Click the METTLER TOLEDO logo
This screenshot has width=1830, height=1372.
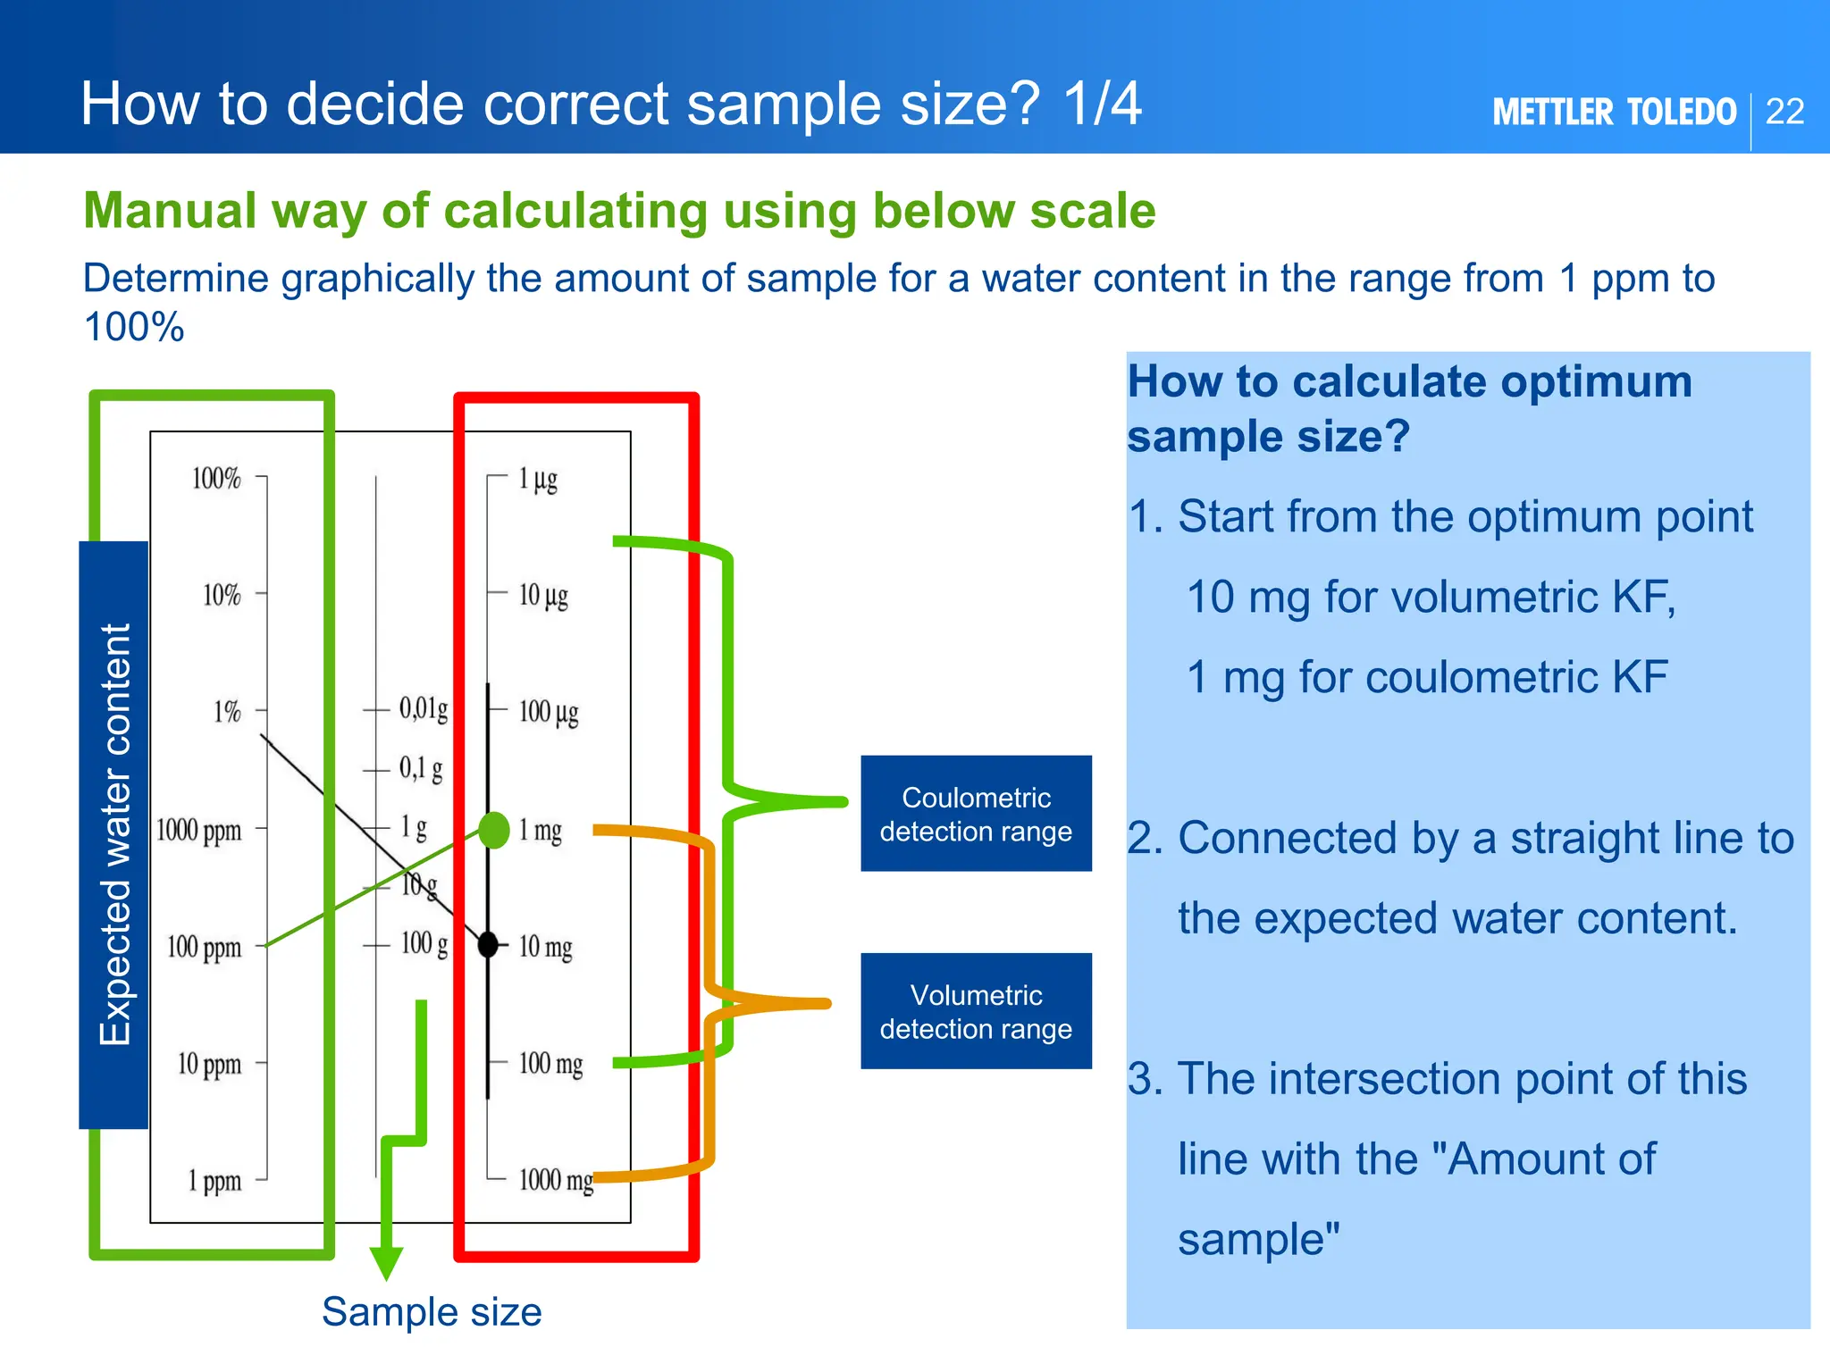point(1614,113)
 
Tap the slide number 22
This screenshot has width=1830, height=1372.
point(1785,112)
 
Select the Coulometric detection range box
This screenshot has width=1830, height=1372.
point(976,814)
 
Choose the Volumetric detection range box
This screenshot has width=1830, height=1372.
point(976,1011)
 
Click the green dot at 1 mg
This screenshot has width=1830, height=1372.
point(494,830)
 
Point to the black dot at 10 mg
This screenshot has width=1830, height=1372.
point(488,944)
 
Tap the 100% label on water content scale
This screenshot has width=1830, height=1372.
point(216,479)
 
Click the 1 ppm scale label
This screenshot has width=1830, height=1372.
point(214,1181)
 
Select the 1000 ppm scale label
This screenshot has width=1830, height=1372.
point(198,831)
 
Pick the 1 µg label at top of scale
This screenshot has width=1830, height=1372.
point(538,480)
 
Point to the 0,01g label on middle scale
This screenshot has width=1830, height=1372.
point(424,709)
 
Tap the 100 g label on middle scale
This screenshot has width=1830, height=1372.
point(424,943)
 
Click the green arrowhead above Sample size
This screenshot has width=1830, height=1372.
point(386,1262)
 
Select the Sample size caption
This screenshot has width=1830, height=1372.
point(432,1312)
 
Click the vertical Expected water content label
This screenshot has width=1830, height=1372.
point(114,834)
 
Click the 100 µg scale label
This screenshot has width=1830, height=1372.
point(549,713)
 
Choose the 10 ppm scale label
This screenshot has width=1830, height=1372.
point(209,1064)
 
